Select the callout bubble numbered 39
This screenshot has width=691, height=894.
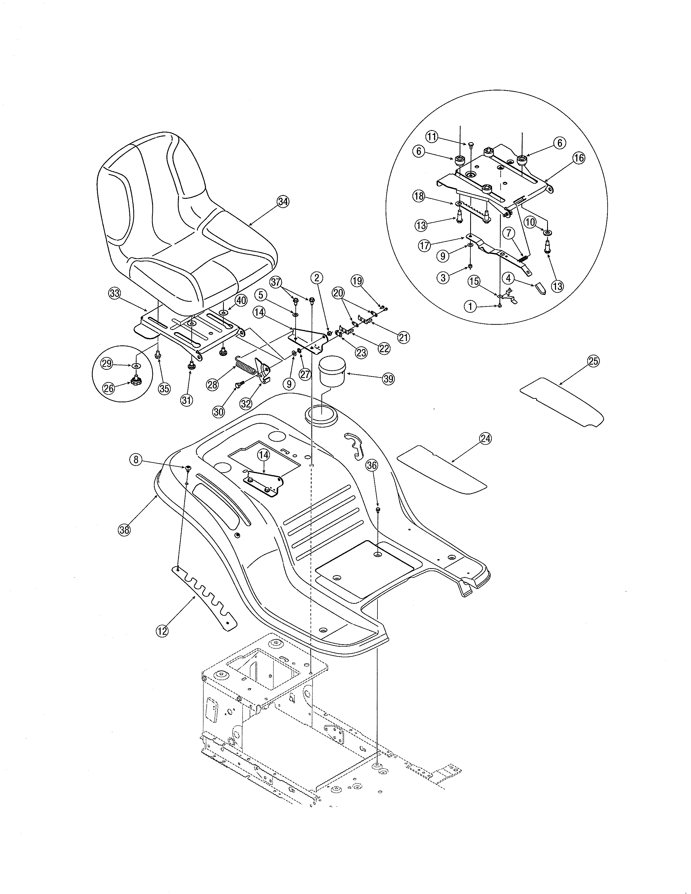click(x=388, y=379)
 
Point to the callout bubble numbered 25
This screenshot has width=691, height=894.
click(x=593, y=361)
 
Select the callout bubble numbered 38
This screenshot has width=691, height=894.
click(x=124, y=530)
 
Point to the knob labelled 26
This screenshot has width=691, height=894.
click(x=135, y=383)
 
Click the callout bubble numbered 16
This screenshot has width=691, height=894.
click(x=579, y=158)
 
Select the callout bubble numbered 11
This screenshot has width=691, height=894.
click(x=431, y=137)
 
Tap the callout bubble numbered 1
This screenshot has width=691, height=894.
click(x=471, y=306)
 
